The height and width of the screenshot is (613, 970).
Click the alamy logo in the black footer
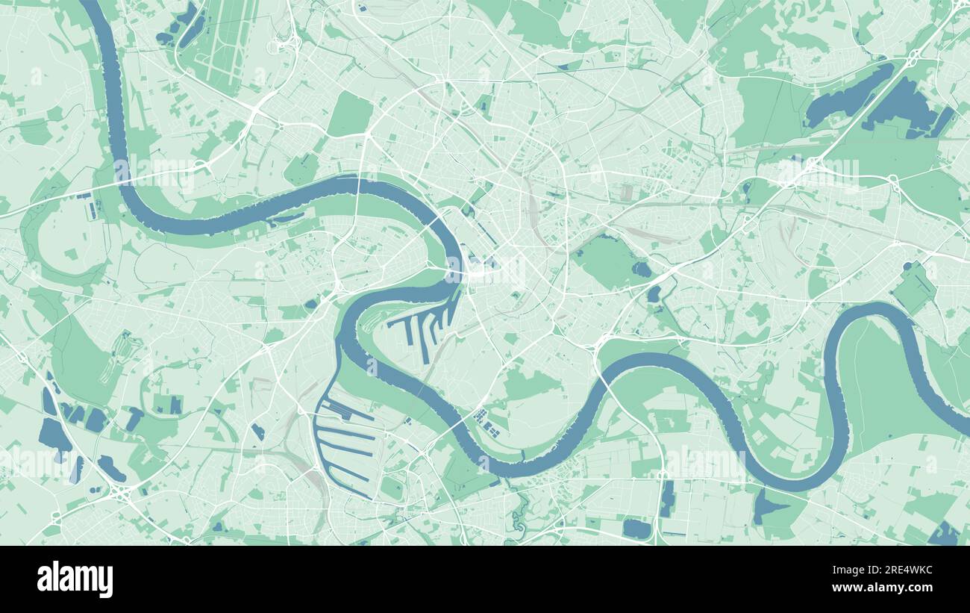point(75,579)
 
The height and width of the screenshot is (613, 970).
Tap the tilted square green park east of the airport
point(350,114)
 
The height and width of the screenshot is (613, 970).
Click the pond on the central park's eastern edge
point(640,270)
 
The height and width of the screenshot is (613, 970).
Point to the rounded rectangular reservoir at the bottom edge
point(636,529)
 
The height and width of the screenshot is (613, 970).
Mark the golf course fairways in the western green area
point(119,358)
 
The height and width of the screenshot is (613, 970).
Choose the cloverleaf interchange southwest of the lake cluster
point(119,493)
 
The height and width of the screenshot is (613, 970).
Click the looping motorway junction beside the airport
point(286,45)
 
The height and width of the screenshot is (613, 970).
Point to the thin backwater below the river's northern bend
point(287,218)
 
